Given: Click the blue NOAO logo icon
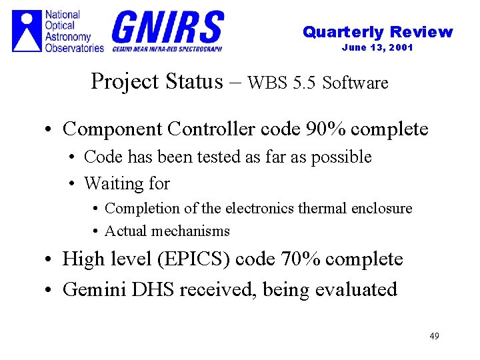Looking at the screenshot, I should (x=27, y=31).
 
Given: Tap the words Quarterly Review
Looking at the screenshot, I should (x=377, y=32).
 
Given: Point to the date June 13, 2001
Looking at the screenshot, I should (x=377, y=47).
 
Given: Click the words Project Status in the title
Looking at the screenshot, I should (x=157, y=81).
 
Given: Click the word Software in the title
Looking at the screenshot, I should (x=355, y=83).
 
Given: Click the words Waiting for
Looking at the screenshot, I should (x=127, y=183).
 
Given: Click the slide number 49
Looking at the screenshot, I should (x=434, y=335).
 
